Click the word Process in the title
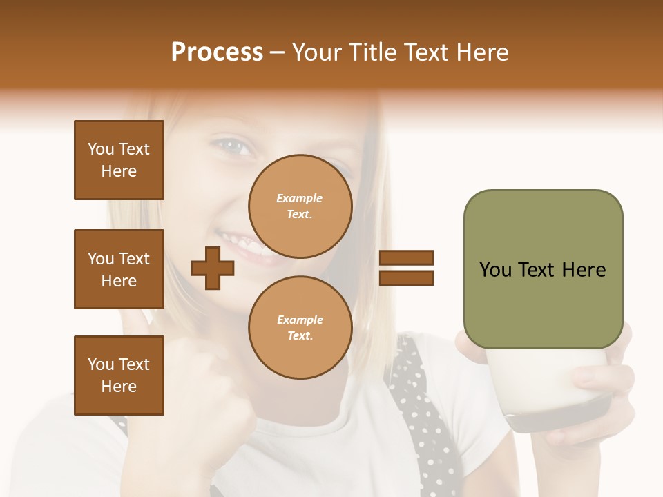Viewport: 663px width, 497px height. (x=217, y=52)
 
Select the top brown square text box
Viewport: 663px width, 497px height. (x=119, y=160)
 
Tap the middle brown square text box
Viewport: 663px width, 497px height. (x=119, y=269)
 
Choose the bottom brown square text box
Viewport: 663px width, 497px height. (x=119, y=376)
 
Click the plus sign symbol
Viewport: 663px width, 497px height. (x=213, y=268)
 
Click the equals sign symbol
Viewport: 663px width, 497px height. (x=406, y=268)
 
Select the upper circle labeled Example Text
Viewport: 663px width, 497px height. (x=300, y=206)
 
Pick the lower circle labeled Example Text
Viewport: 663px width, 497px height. (x=300, y=328)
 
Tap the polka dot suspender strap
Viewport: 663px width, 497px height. (x=421, y=414)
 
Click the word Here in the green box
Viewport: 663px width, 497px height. (x=584, y=270)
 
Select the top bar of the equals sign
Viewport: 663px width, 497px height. (x=406, y=258)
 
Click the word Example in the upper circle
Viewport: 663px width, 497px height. (x=300, y=198)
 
